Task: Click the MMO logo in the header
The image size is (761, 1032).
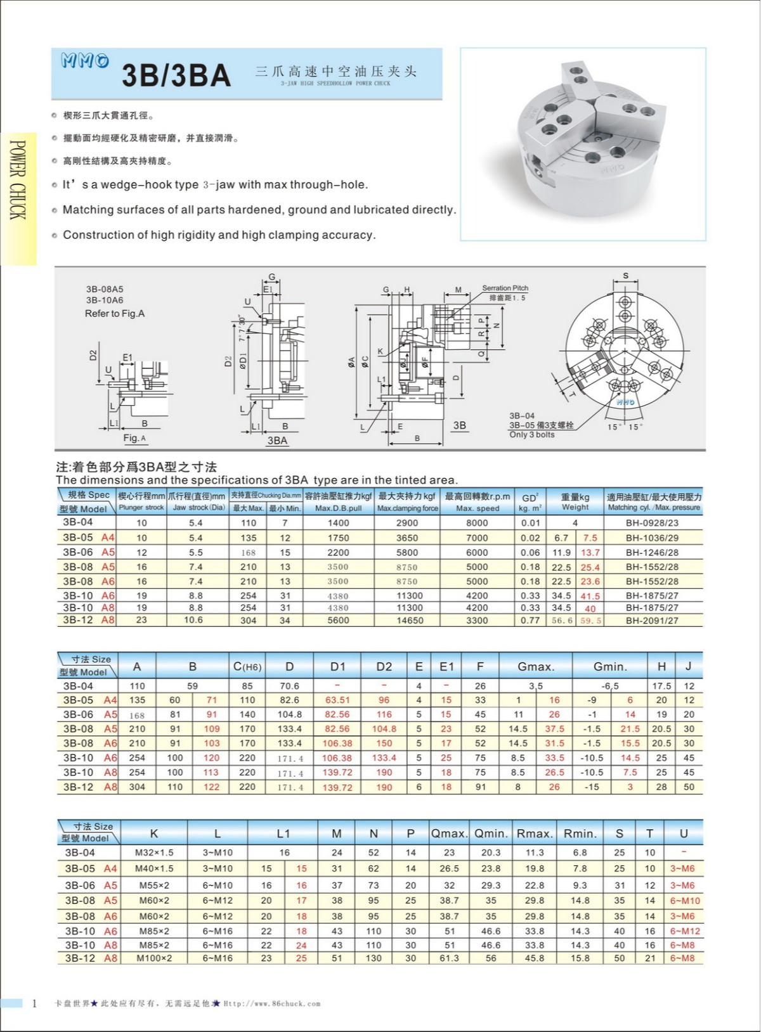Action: click(x=85, y=61)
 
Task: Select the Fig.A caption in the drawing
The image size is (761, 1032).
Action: click(x=134, y=438)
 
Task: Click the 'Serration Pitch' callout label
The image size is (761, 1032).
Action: click(x=505, y=288)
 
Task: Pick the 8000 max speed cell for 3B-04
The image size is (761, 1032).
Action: click(x=477, y=523)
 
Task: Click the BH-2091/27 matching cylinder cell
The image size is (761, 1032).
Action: click(x=652, y=621)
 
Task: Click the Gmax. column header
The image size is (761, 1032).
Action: click(x=536, y=667)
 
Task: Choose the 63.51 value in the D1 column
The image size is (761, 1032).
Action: click(x=337, y=700)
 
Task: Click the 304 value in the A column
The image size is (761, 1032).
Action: click(x=137, y=787)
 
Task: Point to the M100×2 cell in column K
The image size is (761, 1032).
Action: click(x=154, y=958)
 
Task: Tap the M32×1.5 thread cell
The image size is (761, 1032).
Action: click(x=154, y=853)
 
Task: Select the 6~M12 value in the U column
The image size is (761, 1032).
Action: click(x=685, y=931)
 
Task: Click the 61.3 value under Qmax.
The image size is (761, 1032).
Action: click(x=449, y=958)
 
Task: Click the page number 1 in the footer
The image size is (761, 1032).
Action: click(x=34, y=1003)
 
